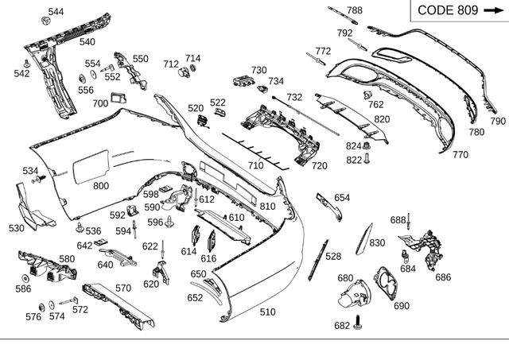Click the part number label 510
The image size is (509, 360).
coord(267,312)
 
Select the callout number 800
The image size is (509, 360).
coord(101,186)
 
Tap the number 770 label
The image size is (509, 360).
coord(460,155)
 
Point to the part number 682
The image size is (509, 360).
coord(342,326)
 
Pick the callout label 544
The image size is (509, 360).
coord(56,11)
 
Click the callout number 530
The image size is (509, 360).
coord(16,228)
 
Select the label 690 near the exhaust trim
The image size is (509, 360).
coord(402,306)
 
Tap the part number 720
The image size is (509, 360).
coord(319,166)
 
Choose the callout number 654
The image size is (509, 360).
coord(342,197)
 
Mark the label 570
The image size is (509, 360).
coord(123,288)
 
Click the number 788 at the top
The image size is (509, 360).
coord(354,10)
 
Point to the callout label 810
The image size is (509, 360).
coord(267,207)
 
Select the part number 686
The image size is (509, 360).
coord(443,277)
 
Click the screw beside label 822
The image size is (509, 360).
coord(368,160)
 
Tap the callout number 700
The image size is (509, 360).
coord(100,103)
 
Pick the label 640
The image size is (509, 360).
coord(106,265)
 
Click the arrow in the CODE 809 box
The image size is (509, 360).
coord(494,10)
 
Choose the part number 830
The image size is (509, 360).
coord(377,243)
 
